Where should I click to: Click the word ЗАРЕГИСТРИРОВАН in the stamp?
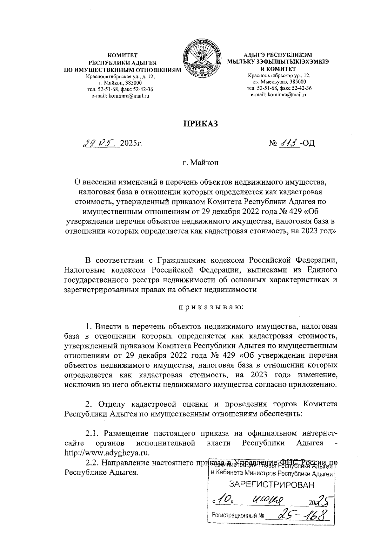click(272, 485)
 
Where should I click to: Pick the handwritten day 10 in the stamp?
click(224, 500)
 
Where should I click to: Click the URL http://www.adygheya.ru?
click(107, 452)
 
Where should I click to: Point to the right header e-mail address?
click(279, 94)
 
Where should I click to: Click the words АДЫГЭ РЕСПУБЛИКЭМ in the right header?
click(278, 55)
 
